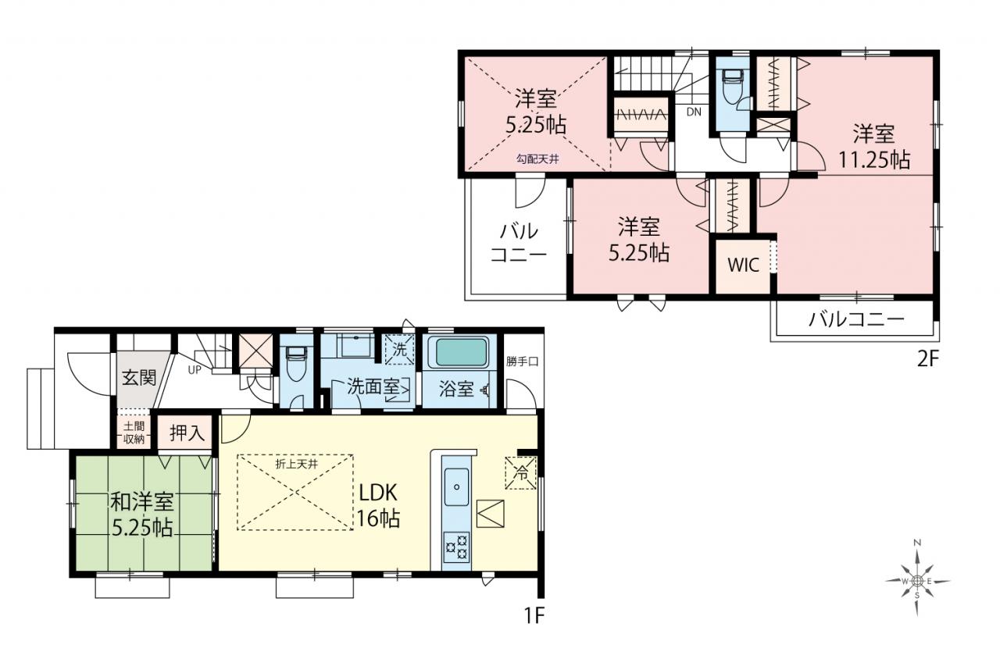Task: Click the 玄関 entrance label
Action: pos(139,378)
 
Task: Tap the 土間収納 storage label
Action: pos(134,432)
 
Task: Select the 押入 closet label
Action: pos(187,433)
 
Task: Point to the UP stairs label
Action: pos(195,370)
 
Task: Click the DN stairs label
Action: pos(694,112)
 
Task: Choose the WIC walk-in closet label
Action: pos(743,265)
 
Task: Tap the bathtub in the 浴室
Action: pos(460,352)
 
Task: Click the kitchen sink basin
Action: pos(456,486)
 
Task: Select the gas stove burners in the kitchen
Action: pos(456,547)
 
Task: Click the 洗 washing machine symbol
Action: pos(399,350)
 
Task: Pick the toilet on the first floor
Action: pos(296,365)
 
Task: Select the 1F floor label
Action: pos(534,616)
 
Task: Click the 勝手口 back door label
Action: pos(523,361)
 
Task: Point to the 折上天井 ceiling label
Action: pos(297,464)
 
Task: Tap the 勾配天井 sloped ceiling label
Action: pos(537,158)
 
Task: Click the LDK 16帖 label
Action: pos(377,506)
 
